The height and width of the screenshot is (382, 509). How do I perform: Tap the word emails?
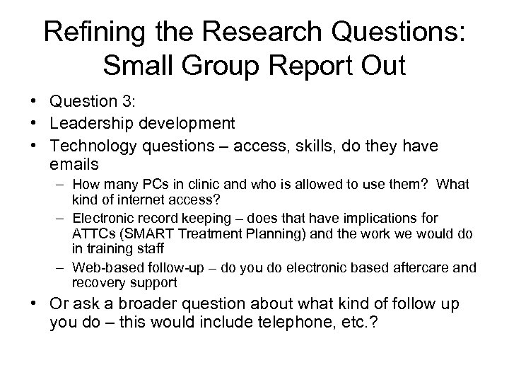click(76, 164)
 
